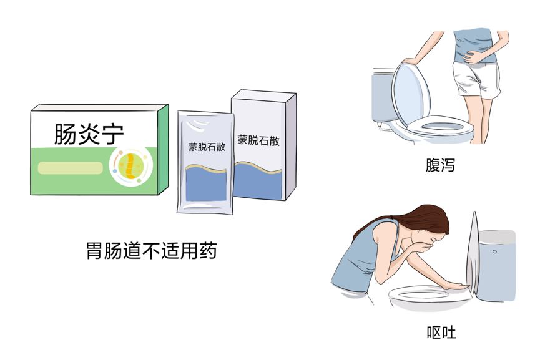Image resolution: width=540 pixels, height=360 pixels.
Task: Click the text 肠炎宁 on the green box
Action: point(89,134)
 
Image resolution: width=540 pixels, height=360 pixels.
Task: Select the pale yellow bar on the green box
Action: point(71,168)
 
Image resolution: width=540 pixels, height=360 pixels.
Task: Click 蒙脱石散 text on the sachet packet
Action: point(207,147)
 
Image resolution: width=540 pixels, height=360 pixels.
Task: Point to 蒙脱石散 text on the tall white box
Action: point(258,140)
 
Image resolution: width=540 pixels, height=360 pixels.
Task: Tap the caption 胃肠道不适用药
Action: point(151,250)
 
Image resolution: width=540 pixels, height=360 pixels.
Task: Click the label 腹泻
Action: point(440,165)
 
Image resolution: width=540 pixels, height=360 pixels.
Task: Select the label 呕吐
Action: point(441,333)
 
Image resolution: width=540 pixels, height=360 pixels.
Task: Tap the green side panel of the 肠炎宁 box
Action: point(163,150)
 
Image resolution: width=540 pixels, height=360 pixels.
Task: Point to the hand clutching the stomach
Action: point(472,57)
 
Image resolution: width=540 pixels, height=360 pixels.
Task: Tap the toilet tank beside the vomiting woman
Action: point(496,265)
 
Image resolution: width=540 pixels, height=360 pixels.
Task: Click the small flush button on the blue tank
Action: point(494,251)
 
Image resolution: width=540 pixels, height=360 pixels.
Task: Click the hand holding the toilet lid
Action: point(411,61)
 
